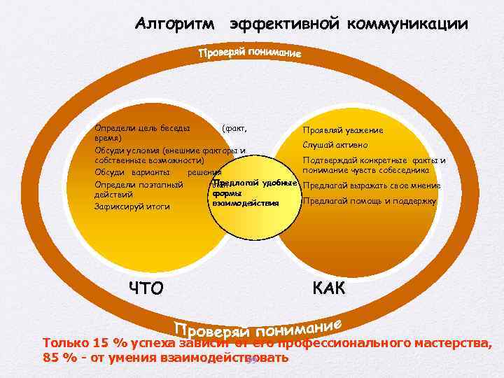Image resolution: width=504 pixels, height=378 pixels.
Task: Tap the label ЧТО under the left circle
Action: coord(146,288)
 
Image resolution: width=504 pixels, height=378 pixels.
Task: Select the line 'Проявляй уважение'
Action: coord(342,130)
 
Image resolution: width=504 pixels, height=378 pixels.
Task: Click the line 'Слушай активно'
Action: coord(335,146)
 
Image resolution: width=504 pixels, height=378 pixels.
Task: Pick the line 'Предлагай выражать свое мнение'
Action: coord(371,185)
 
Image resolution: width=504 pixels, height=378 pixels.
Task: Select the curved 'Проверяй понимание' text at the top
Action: coord(249,53)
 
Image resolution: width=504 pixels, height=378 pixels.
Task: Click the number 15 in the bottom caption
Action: coord(101,344)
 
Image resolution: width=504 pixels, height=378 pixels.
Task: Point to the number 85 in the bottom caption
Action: coord(51,358)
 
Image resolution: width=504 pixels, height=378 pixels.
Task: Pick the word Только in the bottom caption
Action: coord(66,344)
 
